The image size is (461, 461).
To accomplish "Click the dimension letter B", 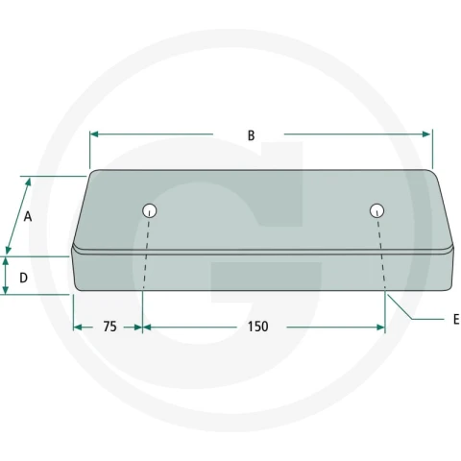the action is coord(252,135).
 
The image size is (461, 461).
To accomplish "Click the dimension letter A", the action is coord(28,217).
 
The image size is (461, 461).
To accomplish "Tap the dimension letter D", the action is coord(23,278).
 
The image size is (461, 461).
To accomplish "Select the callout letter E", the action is coord(456,319).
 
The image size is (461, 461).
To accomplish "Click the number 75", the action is coord(109,327).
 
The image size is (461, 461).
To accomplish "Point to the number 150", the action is coord(258,327).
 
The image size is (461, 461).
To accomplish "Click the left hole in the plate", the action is coord(150,210).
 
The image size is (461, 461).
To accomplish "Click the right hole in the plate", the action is coord(377,210).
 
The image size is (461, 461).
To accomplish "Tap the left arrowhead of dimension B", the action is coord(94,134).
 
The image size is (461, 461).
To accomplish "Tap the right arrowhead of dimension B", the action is coord(426,134).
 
